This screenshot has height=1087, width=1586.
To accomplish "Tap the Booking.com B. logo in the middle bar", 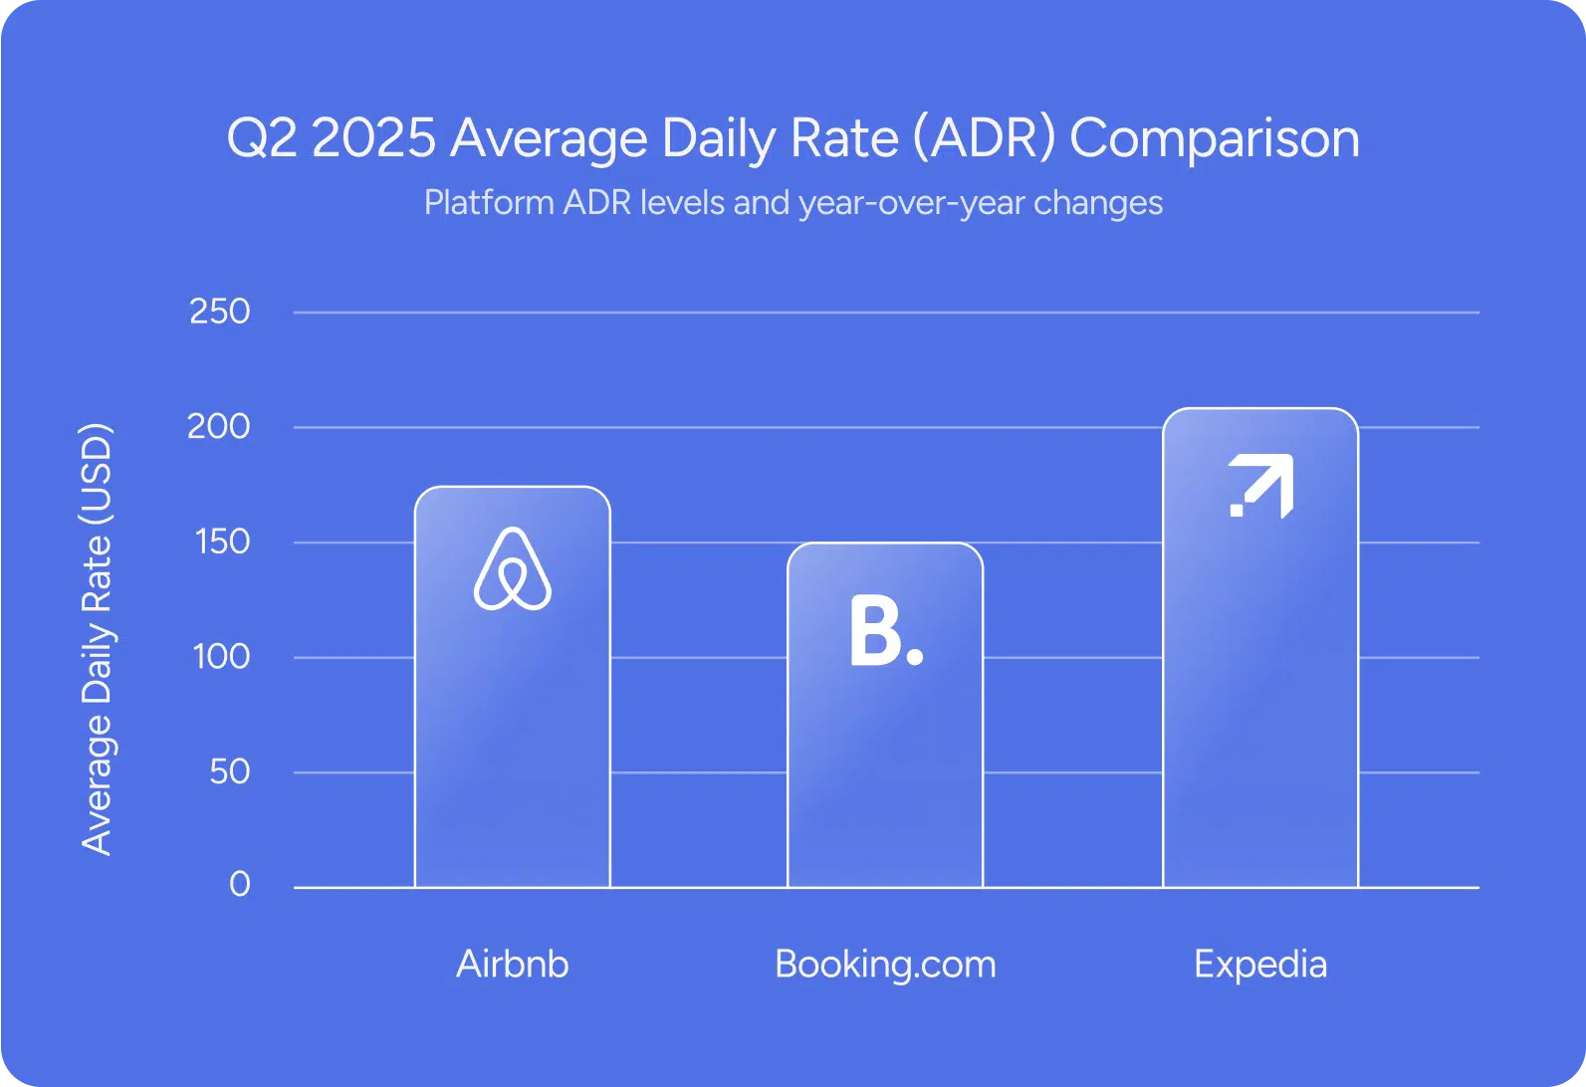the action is pos(886,630).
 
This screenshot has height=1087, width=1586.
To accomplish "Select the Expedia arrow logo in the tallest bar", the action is pos(1261,486).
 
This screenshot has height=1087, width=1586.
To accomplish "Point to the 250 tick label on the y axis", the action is pos(219,312).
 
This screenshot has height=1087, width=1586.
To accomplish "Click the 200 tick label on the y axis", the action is pos(219,427).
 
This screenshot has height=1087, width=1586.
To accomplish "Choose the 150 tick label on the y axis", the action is pos(222,543).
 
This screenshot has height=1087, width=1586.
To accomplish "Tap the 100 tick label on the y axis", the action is pos(222,657).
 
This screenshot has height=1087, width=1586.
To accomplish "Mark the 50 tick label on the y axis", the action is pos(230,771).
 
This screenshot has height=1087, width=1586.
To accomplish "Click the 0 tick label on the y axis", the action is pos(240,884).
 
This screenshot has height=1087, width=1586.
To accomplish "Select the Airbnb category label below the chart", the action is pos(513,964).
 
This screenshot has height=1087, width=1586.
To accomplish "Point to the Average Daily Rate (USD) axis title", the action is pos(97,639).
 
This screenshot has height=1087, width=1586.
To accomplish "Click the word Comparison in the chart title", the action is pos(1215,139).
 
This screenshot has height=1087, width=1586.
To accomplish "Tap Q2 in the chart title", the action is pos(262,138).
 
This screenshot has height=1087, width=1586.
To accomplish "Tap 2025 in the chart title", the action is pos(373,137).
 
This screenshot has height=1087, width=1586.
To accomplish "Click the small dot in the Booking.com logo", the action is pos(915,657).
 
